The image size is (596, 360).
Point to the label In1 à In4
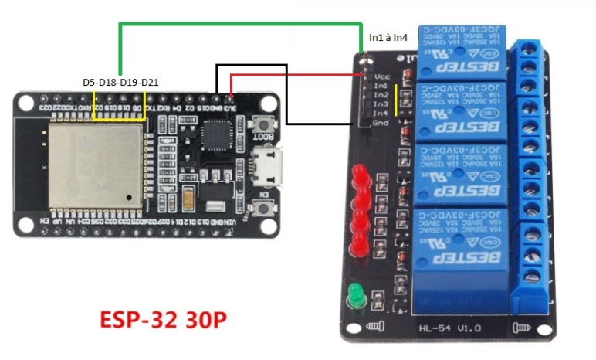pyautogui.click(x=394, y=37)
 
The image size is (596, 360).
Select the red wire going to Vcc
pyautogui.click(x=293, y=75)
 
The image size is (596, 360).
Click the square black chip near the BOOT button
pyautogui.click(x=213, y=136)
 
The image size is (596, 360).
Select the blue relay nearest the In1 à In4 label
pyautogui.click(x=462, y=51)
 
